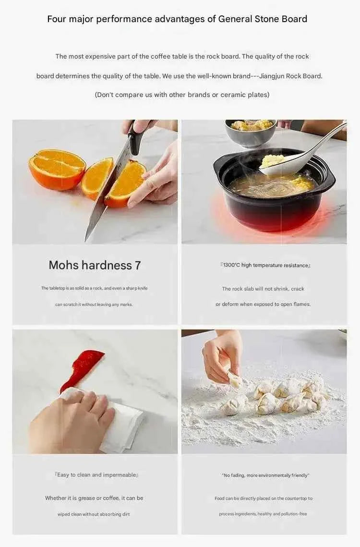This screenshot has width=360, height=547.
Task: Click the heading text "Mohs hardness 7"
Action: pos(95,265)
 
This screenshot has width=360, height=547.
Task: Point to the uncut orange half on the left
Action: pos(57,170)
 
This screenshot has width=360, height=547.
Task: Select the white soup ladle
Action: pos(300,154)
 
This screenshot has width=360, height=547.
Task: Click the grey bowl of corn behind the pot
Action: pos(251,132)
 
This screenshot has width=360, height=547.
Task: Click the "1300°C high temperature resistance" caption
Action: pos(265,265)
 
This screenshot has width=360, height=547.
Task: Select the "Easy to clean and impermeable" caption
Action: pos(96,475)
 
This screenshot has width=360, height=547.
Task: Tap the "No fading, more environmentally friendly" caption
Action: pos(265,475)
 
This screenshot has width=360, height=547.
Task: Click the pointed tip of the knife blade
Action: pos(86,241)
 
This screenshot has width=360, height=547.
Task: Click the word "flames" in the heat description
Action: pos(302,304)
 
